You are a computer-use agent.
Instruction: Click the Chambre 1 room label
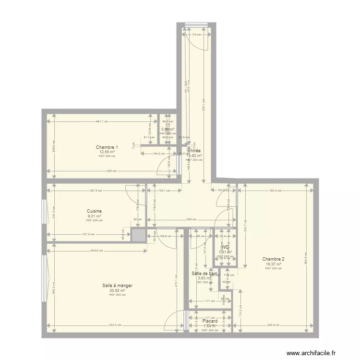tap(107, 147)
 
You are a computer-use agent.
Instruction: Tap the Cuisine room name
tap(94, 211)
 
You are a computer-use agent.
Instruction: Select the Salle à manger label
tap(117, 286)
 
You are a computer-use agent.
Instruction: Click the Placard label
tap(210, 321)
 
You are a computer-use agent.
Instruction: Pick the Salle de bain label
tap(204, 274)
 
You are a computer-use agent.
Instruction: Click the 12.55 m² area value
tap(107, 152)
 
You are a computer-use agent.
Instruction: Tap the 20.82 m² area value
tap(117, 290)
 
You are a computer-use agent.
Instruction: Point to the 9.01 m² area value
tap(94, 216)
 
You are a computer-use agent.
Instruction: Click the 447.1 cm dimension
tap(101, 122)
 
